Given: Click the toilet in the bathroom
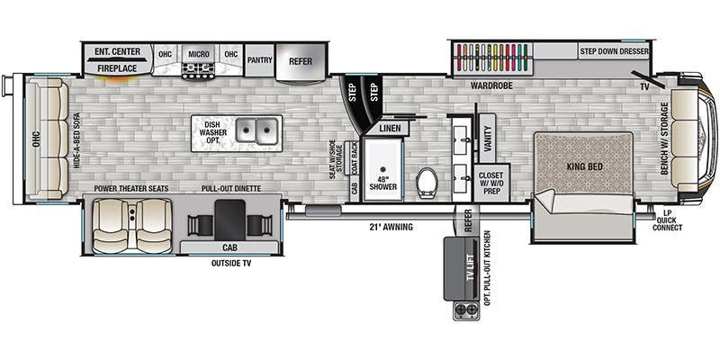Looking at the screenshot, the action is tap(426, 183).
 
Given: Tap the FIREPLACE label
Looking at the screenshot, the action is tap(117, 68).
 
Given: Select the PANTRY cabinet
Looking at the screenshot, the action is tap(259, 60).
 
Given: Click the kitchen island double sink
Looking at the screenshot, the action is tap(257, 130).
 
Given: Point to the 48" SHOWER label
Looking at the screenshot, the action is tap(382, 183).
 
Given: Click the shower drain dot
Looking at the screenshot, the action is tap(383, 169).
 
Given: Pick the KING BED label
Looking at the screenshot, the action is tap(584, 166).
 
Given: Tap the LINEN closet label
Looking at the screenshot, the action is tap(390, 129).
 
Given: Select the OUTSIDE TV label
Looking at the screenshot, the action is tap(231, 263).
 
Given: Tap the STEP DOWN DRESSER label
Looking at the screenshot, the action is tap(614, 51).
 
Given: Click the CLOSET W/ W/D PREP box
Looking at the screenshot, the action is tap(491, 183).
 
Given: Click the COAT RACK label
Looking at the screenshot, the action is tap(354, 158).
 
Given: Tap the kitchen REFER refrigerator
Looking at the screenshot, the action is tap(301, 61).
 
